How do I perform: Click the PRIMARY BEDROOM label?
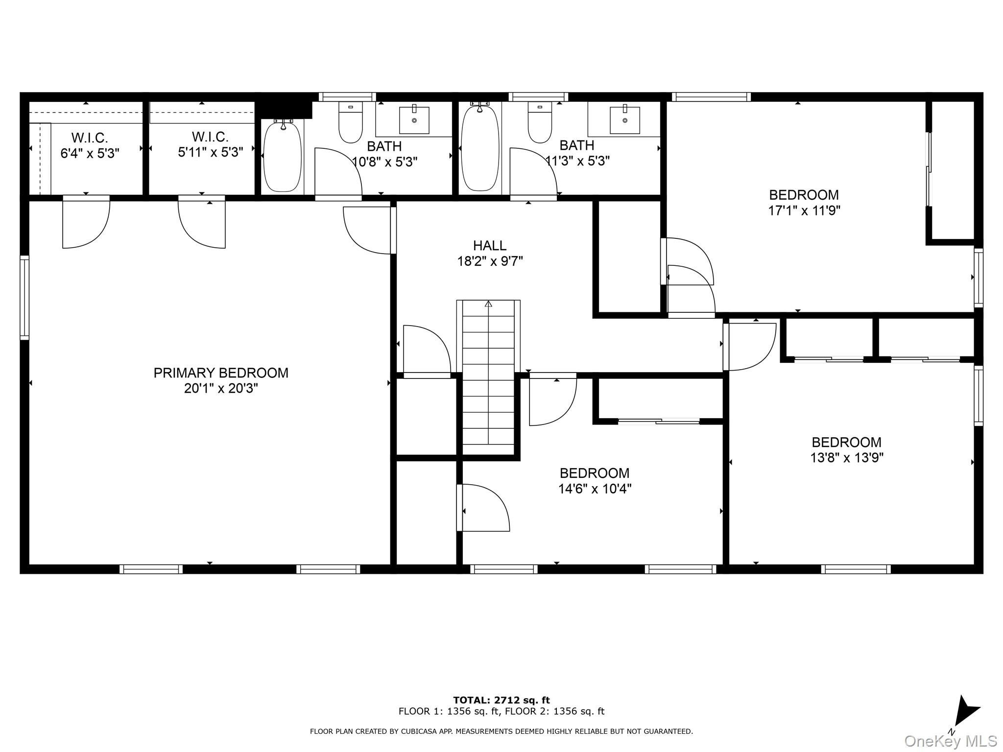click(x=221, y=373)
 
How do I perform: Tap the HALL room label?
click(x=490, y=245)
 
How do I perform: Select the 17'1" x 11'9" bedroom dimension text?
click(x=804, y=211)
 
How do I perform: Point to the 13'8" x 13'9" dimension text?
click(x=847, y=458)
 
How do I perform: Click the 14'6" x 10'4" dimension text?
click(x=595, y=489)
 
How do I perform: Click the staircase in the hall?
click(x=488, y=373)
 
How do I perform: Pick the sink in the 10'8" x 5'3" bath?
click(x=414, y=119)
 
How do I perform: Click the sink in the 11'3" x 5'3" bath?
click(x=625, y=119)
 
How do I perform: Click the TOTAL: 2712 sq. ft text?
click(x=501, y=700)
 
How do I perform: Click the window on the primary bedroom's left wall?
click(x=24, y=297)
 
